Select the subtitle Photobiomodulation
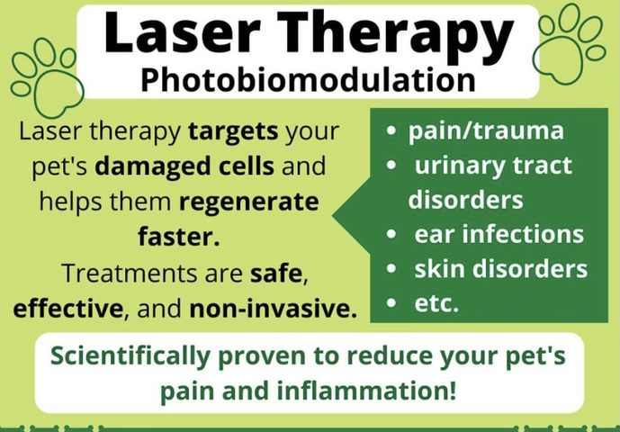click(x=308, y=79)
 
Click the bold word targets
click(x=233, y=131)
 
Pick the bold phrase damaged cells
click(x=184, y=166)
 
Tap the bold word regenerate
click(x=248, y=202)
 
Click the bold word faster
click(x=179, y=236)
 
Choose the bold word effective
click(x=68, y=308)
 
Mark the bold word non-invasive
click(x=274, y=309)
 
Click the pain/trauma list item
click(x=486, y=131)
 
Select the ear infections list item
click(x=499, y=234)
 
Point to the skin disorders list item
click(x=501, y=268)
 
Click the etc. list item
click(x=436, y=303)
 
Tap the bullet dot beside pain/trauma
click(x=391, y=130)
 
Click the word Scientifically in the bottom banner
click(x=130, y=356)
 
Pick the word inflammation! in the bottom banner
click(x=366, y=391)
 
